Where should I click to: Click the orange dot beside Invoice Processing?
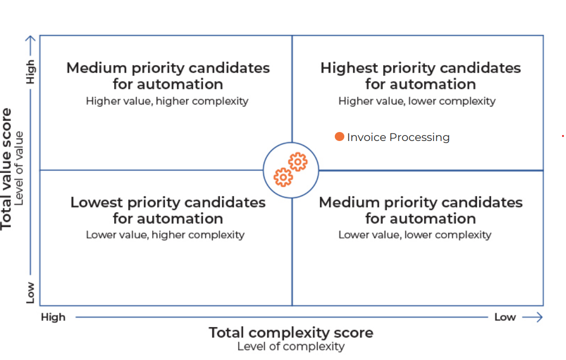(x=339, y=136)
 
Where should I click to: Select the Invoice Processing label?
(x=398, y=137)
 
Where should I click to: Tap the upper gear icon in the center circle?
(x=298, y=162)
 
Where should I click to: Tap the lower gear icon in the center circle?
(x=283, y=177)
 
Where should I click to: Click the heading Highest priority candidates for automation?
(x=420, y=75)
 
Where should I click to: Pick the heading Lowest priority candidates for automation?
(x=168, y=210)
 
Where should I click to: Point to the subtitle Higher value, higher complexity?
(x=167, y=101)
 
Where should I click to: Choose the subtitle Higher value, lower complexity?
(x=417, y=101)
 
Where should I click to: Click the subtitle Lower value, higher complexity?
(x=165, y=234)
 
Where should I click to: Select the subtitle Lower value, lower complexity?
(x=415, y=234)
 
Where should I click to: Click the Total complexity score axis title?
(x=291, y=332)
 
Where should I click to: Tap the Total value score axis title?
(x=7, y=168)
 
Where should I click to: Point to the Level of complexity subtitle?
(x=291, y=346)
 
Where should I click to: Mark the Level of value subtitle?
(x=20, y=168)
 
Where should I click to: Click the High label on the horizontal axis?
(x=53, y=317)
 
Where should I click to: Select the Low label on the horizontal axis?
(x=505, y=317)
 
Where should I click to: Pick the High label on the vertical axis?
(x=31, y=72)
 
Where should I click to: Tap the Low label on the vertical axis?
(x=31, y=292)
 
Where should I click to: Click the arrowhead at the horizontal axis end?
(x=538, y=317)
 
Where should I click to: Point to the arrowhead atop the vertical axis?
(x=31, y=39)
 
